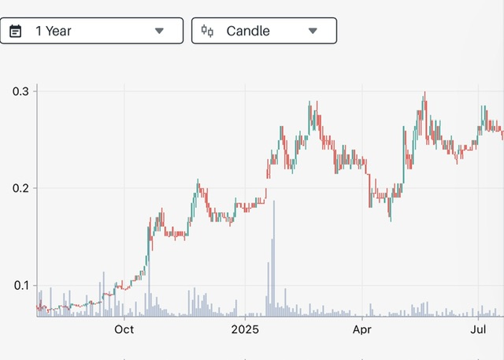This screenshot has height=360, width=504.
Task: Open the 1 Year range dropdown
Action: point(91,31)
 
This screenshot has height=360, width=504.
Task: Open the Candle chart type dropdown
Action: point(264,31)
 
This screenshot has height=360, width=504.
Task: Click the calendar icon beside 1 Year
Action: point(15,31)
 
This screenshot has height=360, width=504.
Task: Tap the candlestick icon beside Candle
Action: point(207,31)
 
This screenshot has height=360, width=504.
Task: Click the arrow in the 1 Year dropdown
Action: point(159,31)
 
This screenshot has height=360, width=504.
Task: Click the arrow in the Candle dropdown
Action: point(313,31)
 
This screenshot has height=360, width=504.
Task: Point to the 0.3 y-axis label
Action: point(20,91)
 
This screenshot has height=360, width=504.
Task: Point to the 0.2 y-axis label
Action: point(20,188)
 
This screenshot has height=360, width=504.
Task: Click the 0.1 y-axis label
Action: point(20,285)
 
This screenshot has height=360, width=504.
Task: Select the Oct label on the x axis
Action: point(124,329)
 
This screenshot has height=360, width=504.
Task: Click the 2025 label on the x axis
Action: point(245,329)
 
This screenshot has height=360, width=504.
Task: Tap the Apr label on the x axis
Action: point(361,329)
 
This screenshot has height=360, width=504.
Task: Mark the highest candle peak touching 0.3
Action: point(424,94)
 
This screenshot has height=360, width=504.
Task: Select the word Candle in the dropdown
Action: point(248,31)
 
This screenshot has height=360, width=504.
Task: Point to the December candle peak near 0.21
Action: point(198,183)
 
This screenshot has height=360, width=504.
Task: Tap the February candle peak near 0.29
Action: point(309,103)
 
